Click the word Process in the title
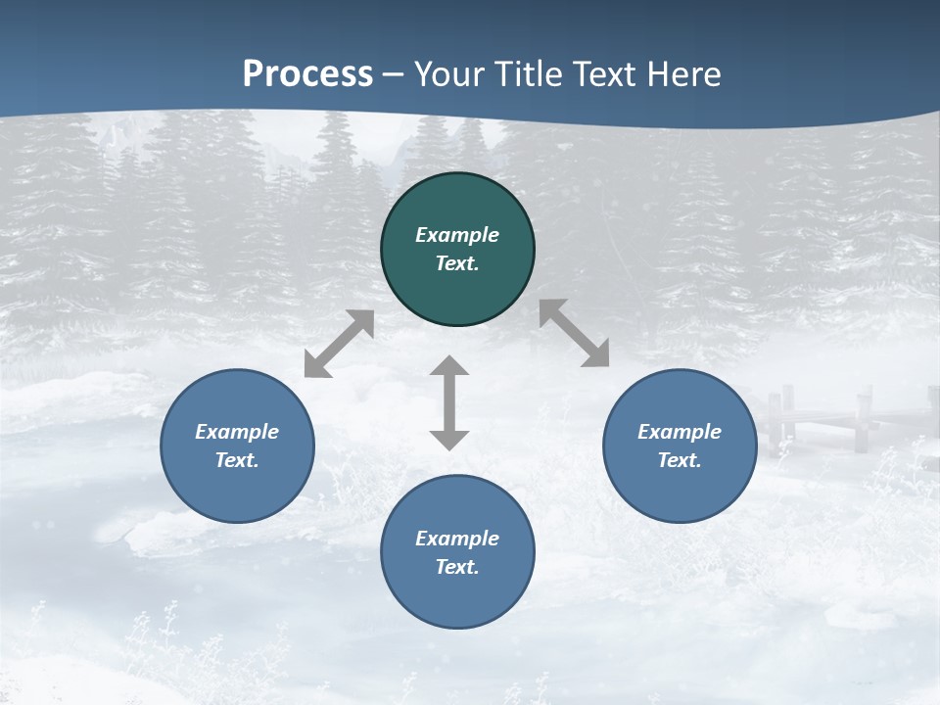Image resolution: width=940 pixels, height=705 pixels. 307,73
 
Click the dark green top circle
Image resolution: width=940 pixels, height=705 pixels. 457,196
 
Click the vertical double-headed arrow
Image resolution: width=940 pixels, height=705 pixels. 449,402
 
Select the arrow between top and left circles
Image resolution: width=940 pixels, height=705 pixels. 339,344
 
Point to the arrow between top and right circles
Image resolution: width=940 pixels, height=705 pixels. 574,333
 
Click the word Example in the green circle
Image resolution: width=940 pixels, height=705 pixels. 457,235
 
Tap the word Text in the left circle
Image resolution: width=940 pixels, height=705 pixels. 237,460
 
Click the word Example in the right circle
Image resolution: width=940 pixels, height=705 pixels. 680,432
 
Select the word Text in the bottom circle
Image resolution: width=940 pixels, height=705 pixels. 457,567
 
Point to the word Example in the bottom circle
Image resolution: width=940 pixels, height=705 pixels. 457,539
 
